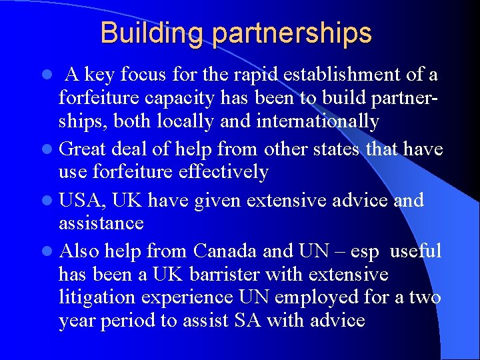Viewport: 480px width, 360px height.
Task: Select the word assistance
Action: click(101, 222)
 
